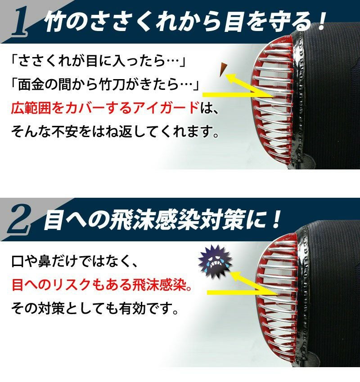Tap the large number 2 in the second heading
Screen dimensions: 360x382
(x=20, y=220)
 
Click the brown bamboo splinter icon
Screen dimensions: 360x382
(x=223, y=69)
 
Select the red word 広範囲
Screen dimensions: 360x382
(x=31, y=108)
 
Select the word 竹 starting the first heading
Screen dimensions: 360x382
(x=56, y=22)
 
